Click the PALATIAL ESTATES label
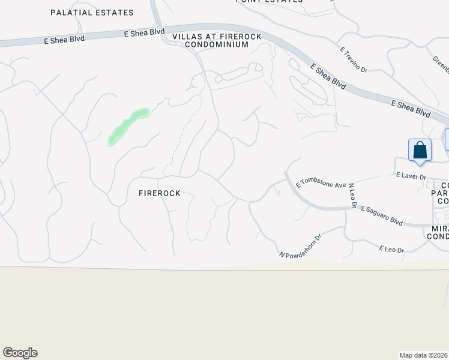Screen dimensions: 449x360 click(92, 13)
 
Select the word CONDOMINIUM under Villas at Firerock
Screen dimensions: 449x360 click(216, 44)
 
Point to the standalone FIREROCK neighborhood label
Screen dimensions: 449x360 click(159, 193)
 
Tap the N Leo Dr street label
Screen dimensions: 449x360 click(353, 196)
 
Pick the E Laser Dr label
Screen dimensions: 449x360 click(411, 176)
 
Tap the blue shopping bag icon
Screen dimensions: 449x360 click(420, 149)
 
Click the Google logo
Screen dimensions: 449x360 click(20, 353)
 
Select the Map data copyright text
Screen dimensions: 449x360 click(424, 355)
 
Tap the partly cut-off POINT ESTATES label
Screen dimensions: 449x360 click(269, 2)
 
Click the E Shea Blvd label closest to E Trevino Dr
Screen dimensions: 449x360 click(328, 76)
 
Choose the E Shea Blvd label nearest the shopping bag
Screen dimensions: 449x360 click(411, 108)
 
